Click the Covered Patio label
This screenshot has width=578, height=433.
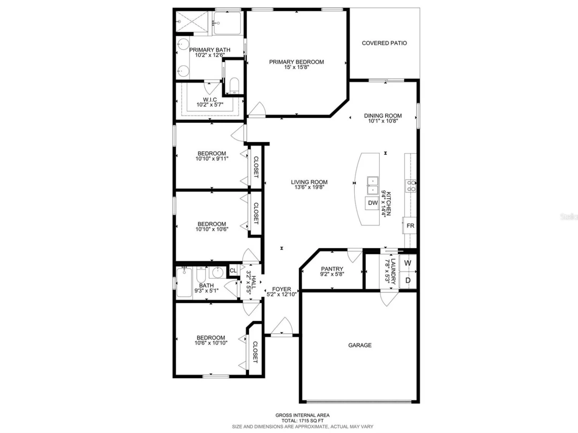coord(384,43)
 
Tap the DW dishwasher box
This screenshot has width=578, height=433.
coord(372,203)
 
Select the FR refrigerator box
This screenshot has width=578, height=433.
coord(410,226)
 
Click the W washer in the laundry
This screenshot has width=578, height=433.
coord(407,263)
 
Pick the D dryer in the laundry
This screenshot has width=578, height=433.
coord(407,280)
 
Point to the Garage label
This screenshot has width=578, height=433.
coord(360,345)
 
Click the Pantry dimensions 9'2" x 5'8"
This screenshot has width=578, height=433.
coord(332,274)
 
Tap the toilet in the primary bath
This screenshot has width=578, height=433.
coord(234,85)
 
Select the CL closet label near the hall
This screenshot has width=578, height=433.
coord(233,271)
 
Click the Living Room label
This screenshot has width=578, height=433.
coord(309,182)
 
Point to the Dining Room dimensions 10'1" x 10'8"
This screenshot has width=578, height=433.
coord(383,121)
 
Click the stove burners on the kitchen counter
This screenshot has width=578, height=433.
coord(410,185)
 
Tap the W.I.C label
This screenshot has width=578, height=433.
coord(210,100)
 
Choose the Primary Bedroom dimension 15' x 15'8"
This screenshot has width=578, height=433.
coord(296,67)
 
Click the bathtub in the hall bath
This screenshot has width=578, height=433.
coord(184,282)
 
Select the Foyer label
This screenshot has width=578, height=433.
coord(281,289)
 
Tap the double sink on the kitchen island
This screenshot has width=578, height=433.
coord(372,185)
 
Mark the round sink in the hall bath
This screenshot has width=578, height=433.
coord(217,273)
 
